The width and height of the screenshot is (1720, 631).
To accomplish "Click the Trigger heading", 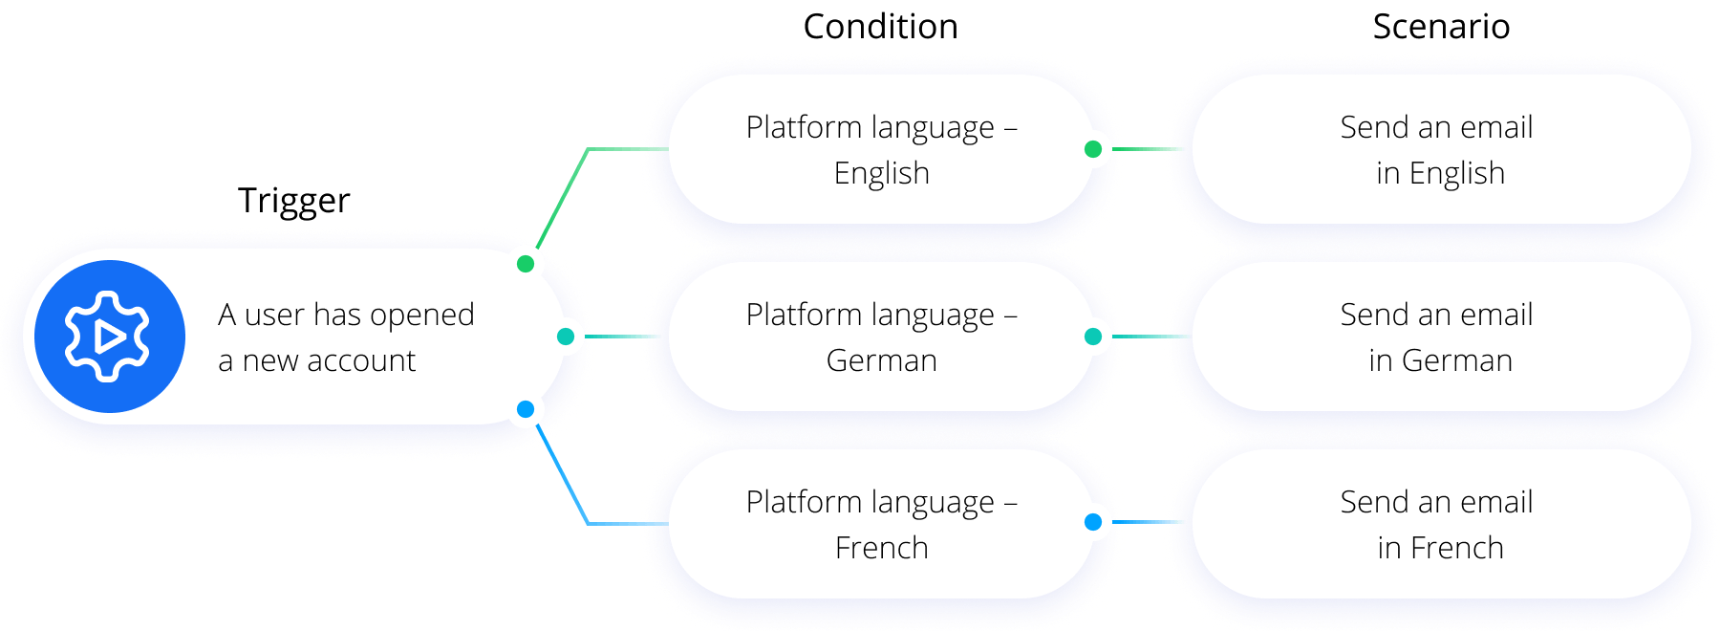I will pyautogui.click(x=293, y=201).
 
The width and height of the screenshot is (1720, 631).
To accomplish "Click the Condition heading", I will pyautogui.click(x=880, y=27).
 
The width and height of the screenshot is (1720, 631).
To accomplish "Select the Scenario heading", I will pyautogui.click(x=1441, y=27).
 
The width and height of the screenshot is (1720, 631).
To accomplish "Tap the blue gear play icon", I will pyautogui.click(x=109, y=337).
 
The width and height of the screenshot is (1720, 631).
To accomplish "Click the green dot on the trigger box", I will pyautogui.click(x=526, y=263).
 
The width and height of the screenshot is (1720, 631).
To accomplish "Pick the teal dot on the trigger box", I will pyautogui.click(x=566, y=337).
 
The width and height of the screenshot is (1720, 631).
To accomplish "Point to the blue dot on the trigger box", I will pyautogui.click(x=526, y=410).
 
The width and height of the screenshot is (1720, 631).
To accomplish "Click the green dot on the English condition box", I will pyautogui.click(x=1093, y=149).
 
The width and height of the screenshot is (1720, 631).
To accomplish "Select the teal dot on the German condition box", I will pyautogui.click(x=1093, y=337).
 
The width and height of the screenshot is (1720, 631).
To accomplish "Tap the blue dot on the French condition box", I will pyautogui.click(x=1093, y=522).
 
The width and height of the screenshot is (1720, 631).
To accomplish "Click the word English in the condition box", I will pyautogui.click(x=881, y=174).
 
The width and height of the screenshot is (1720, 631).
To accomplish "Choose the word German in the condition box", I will pyautogui.click(x=881, y=361).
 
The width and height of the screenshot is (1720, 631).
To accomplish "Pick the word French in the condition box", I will pyautogui.click(x=881, y=549).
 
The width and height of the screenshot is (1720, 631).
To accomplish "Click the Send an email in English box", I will pyautogui.click(x=1440, y=149).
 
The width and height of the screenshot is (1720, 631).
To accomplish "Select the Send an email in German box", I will pyautogui.click(x=1440, y=337).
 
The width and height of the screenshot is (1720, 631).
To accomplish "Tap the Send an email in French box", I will pyautogui.click(x=1440, y=524).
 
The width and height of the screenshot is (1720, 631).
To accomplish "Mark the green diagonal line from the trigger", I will pyautogui.click(x=564, y=196).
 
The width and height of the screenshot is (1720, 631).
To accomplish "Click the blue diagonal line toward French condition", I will pyautogui.click(x=564, y=477).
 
